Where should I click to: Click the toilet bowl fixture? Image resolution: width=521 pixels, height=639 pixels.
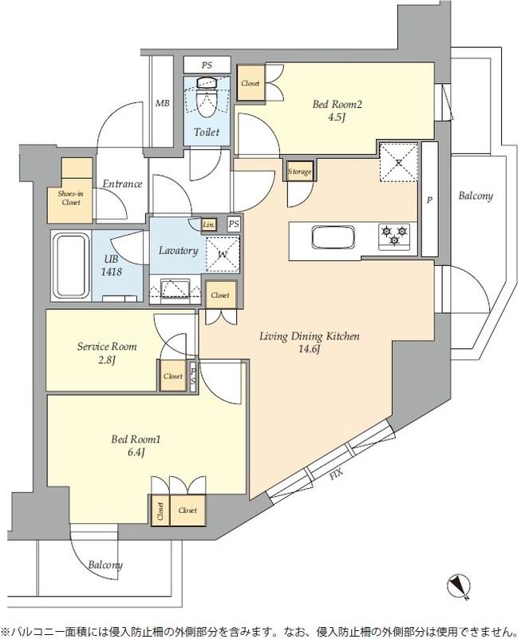click(x=207, y=99)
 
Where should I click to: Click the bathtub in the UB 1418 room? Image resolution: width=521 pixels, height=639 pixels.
click(x=72, y=265)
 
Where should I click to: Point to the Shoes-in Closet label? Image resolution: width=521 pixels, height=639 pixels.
click(x=71, y=198)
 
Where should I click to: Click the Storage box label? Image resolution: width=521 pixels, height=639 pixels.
click(x=299, y=172)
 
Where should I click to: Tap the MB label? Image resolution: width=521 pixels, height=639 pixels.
click(x=163, y=104)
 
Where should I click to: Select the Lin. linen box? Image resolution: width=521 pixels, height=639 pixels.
click(x=209, y=224)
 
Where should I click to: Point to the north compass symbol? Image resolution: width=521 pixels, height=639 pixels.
click(x=459, y=587)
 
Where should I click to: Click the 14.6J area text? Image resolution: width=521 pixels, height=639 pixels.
click(x=310, y=349)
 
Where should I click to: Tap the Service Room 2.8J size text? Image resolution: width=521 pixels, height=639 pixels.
click(x=107, y=360)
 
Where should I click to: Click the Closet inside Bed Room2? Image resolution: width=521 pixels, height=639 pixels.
click(x=251, y=83)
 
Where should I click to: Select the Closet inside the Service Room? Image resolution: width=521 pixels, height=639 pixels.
click(x=173, y=375)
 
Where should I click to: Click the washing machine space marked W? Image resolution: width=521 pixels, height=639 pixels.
click(x=223, y=254)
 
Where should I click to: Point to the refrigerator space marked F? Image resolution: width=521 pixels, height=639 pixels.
click(x=399, y=162)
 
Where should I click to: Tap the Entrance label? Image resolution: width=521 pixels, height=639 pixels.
click(x=122, y=184)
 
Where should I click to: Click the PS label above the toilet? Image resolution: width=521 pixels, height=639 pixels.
click(x=207, y=65)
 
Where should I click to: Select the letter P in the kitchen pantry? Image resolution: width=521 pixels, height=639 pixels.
click(x=429, y=200)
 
